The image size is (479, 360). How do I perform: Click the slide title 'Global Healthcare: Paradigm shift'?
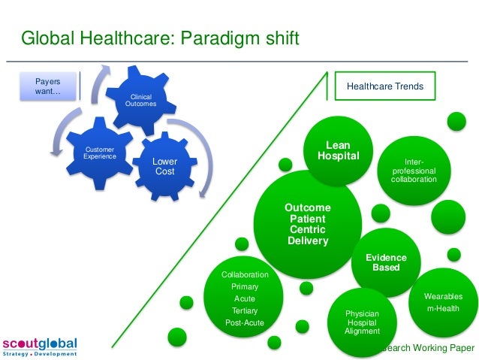pyautogui.click(x=159, y=38)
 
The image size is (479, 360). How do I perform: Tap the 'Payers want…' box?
pyautogui.click(x=49, y=86)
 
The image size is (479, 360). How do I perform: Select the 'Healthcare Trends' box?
pyautogui.click(x=384, y=86)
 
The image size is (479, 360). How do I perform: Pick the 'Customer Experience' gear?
pyautogui.click(x=100, y=153)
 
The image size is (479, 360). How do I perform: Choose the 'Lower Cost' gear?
pyautogui.click(x=164, y=166)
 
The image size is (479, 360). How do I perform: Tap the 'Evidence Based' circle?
pyautogui.click(x=386, y=262)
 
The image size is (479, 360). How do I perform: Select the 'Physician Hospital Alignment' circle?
pyautogui.click(x=362, y=322)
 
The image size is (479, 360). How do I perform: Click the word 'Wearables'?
pyautogui.click(x=443, y=296)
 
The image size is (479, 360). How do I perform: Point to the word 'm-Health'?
pyautogui.click(x=443, y=309)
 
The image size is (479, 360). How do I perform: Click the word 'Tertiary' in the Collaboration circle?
pyautogui.click(x=244, y=310)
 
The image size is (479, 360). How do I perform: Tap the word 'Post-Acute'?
pyautogui.click(x=244, y=322)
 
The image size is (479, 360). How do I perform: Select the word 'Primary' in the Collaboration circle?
pyautogui.click(x=244, y=286)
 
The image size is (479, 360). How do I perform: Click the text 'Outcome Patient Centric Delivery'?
pyautogui.click(x=308, y=224)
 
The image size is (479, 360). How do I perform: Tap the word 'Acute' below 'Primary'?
pyautogui.click(x=244, y=298)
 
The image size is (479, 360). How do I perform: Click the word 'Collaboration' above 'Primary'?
pyautogui.click(x=244, y=274)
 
